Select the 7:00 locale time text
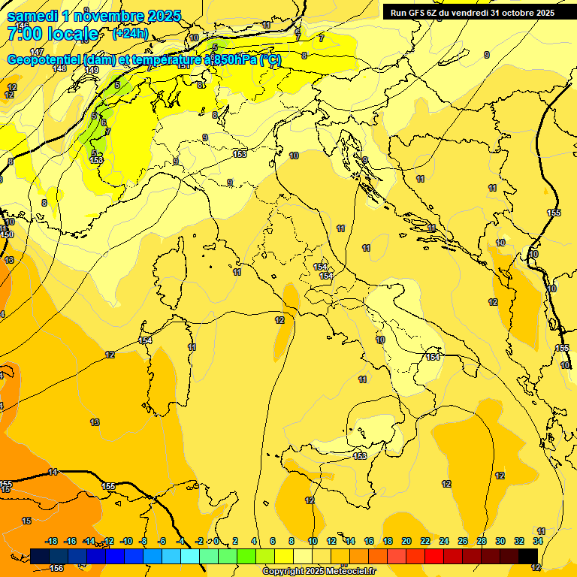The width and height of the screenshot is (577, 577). [53, 34]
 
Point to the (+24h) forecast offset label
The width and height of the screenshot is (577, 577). [130, 34]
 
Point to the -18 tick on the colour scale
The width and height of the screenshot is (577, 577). [52, 541]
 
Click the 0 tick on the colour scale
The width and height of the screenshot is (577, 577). [216, 541]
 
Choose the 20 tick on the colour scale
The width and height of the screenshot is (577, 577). [406, 541]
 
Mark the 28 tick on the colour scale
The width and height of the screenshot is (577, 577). [482, 541]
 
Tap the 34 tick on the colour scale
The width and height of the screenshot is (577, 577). [538, 541]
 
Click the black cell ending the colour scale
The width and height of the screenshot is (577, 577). [528, 556]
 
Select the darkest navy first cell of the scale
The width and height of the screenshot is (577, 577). [40, 556]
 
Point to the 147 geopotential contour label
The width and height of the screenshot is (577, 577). [38, 52]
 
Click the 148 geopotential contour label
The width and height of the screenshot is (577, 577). [59, 68]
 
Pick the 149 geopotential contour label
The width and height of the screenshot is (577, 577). [92, 70]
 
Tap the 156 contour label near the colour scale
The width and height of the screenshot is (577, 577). [56, 569]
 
